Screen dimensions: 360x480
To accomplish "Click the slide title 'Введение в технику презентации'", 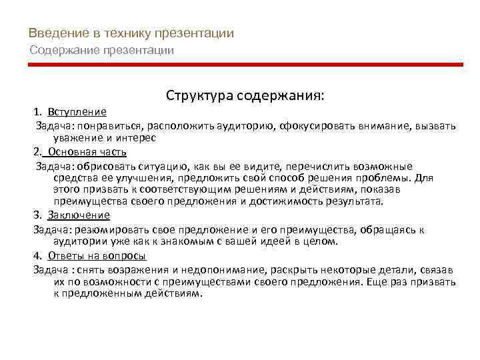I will [131, 34].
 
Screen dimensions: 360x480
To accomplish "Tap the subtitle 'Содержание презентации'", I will [102, 50].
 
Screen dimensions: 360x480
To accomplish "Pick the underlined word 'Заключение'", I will [79, 215].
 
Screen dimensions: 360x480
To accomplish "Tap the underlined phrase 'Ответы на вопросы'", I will [97, 255].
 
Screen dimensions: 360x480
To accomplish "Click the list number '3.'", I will [37, 215].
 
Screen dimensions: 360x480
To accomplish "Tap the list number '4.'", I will [37, 255].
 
